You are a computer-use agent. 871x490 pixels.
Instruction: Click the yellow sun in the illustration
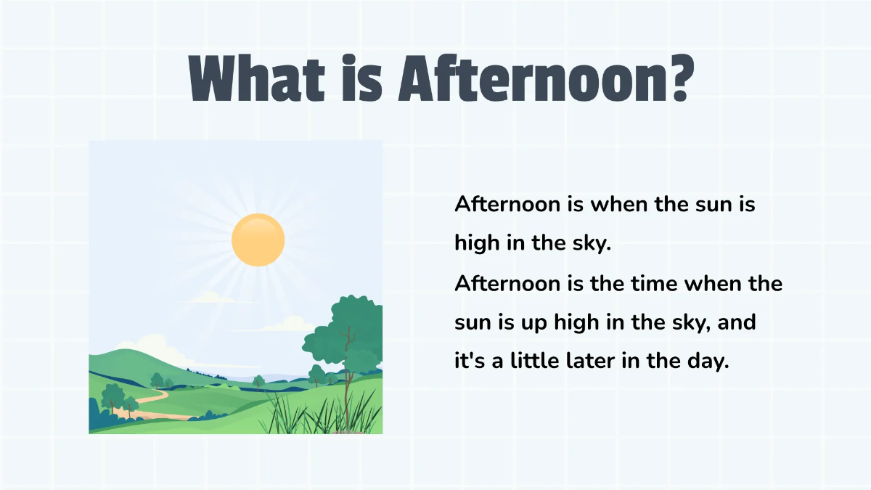(x=258, y=240)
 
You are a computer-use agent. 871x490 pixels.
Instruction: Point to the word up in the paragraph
(x=536, y=322)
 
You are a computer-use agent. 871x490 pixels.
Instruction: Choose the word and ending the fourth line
(x=736, y=322)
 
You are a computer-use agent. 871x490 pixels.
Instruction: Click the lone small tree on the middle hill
(x=258, y=381)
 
